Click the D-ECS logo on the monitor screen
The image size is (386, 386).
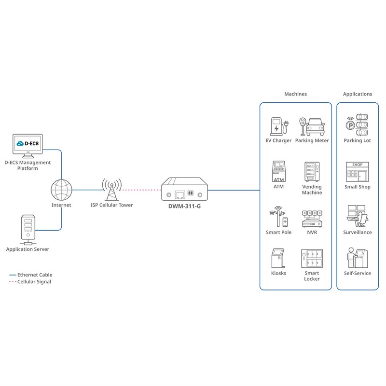coord(28,143)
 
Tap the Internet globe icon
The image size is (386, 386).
coord(61,190)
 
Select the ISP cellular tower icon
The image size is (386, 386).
coord(112,189)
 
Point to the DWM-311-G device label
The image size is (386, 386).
coord(184,207)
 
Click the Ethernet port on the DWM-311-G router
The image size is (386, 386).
coord(180,195)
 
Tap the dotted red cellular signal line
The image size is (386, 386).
coord(140,190)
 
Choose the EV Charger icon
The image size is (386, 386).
coord(279,126)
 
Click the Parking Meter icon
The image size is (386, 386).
coord(312,126)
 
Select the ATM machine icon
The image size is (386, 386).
coord(279,171)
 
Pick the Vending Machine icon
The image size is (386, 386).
coord(312,172)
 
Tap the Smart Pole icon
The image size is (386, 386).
coord(279,216)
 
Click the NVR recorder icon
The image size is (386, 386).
coord(312,219)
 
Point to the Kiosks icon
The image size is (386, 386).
coord(278,258)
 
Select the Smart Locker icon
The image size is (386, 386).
coord(312,258)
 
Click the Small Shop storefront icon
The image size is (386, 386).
coord(357,172)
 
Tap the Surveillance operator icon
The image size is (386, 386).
coord(357,216)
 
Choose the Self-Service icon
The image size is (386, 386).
coord(358,258)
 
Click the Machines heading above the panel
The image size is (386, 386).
coord(296,94)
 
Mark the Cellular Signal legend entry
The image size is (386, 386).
coord(30,282)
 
